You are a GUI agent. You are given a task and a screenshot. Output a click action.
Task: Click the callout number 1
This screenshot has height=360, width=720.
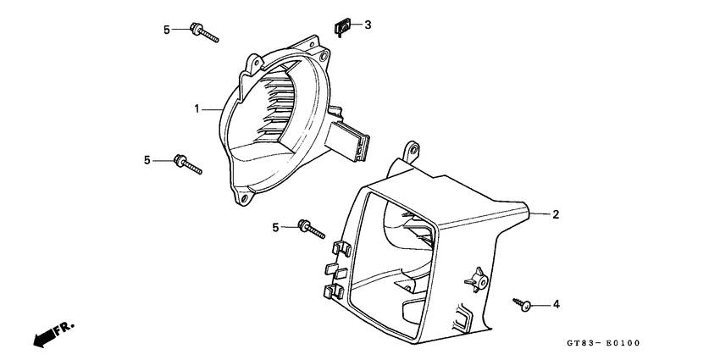196,109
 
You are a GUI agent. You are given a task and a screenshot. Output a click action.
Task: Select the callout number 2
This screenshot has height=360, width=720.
556,214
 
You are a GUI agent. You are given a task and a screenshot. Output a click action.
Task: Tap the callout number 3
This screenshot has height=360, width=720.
368,25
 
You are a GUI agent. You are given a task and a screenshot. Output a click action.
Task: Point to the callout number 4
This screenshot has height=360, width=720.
556,304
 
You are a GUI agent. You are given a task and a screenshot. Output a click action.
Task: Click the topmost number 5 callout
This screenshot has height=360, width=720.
168,30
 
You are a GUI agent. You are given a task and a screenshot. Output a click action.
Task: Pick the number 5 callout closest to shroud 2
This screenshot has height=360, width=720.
276,227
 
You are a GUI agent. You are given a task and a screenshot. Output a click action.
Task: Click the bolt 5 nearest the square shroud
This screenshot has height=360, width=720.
311,228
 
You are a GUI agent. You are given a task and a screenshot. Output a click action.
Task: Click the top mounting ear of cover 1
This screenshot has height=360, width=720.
254,61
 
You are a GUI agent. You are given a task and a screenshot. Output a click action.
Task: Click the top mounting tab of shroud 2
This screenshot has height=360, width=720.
413,151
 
